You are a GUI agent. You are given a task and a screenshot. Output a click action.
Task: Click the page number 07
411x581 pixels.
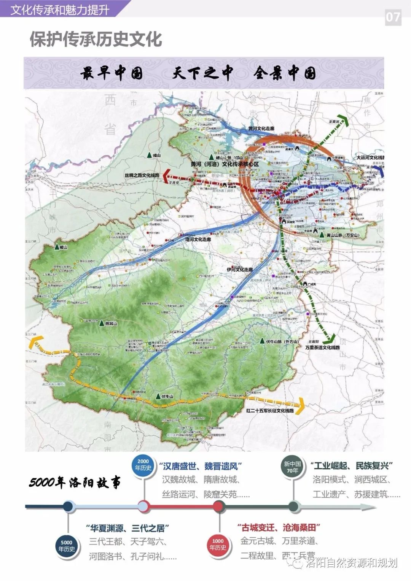click(x=393, y=17)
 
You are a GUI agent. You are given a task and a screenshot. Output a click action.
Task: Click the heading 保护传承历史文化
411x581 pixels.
click(x=96, y=39)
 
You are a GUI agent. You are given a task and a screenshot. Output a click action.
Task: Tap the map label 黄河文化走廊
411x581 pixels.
click(x=261, y=129)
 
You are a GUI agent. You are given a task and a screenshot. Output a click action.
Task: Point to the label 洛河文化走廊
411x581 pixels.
click(x=198, y=240)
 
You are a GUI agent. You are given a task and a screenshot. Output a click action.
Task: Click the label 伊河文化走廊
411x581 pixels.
click(x=240, y=269)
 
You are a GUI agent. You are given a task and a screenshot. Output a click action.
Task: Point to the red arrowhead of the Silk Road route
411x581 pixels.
click(x=166, y=176)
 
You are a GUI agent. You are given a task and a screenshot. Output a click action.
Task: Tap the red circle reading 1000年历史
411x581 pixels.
click(x=218, y=544)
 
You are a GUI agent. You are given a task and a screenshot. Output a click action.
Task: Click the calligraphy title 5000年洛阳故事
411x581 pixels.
click(x=75, y=483)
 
